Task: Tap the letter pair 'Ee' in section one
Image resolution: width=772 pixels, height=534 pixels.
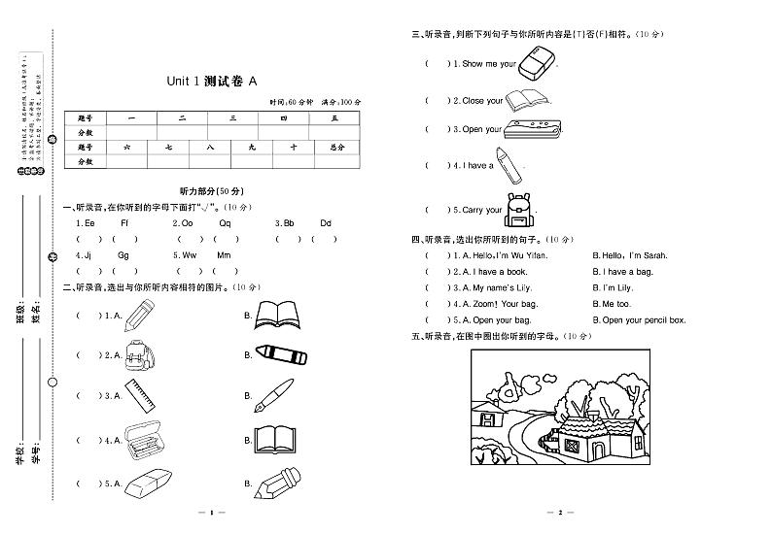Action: (x=89, y=223)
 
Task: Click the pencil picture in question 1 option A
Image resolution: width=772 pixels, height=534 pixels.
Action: (x=140, y=314)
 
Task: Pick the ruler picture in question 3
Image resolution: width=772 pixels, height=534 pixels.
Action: (x=141, y=395)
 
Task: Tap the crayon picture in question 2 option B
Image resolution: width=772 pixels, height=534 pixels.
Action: (x=280, y=354)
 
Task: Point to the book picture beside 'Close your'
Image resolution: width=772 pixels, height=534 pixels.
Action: (x=528, y=99)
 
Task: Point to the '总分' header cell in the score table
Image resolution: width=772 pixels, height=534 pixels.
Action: (x=336, y=147)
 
